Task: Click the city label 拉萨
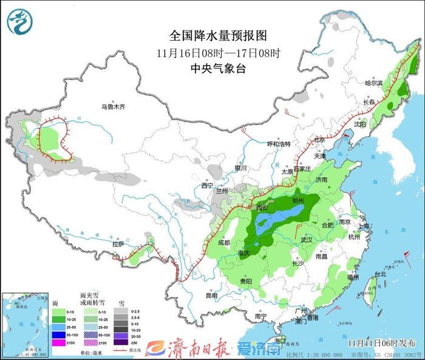(x=119, y=244)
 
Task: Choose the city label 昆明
(x=211, y=296)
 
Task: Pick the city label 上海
(x=364, y=225)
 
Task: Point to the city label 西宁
(x=208, y=186)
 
